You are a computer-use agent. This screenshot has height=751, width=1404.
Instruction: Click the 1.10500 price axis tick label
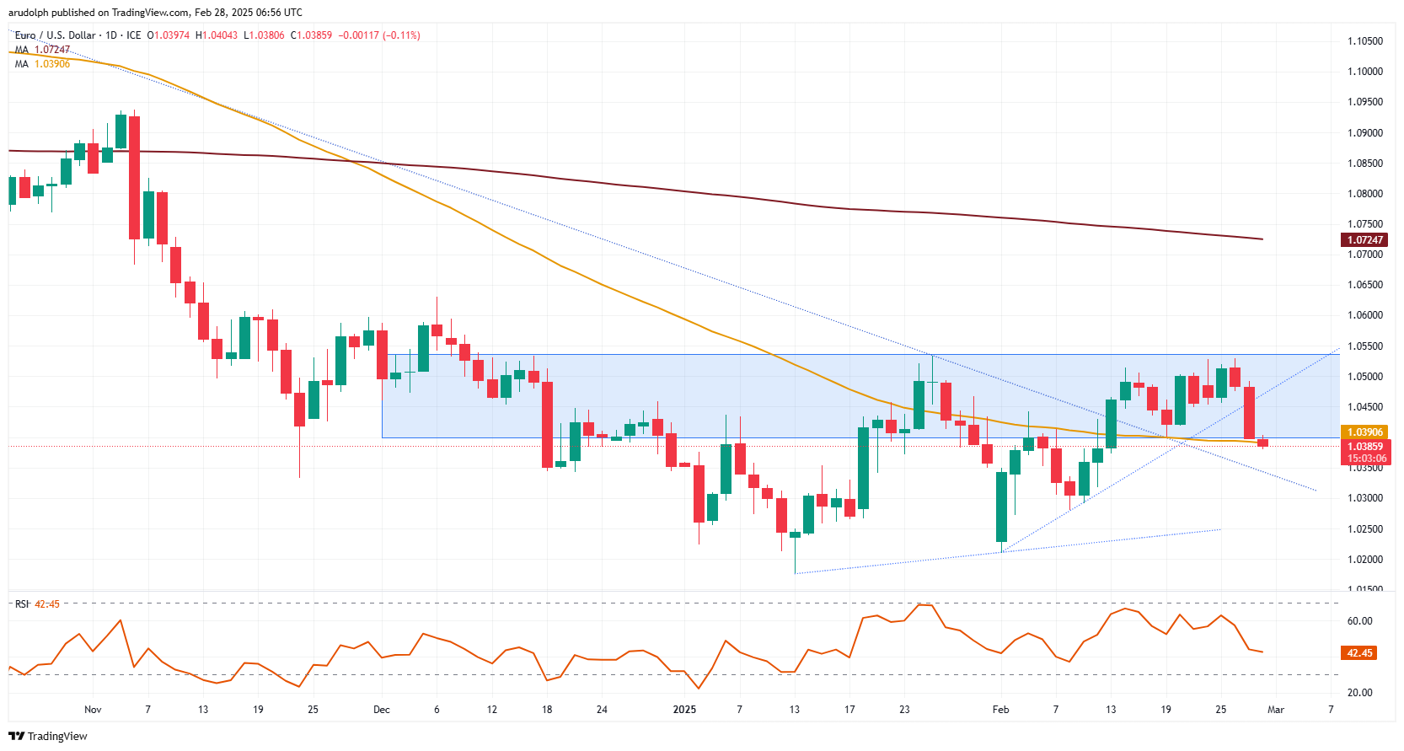(x=1364, y=40)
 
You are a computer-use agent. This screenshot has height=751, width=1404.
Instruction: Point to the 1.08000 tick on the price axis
(x=1364, y=193)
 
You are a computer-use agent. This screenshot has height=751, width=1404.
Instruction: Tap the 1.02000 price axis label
(x=1364, y=559)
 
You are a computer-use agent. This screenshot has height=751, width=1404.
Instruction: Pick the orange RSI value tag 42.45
(x=1359, y=653)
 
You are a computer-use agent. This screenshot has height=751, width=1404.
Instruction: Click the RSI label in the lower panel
(x=22, y=604)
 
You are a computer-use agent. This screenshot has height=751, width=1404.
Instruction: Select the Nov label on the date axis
(x=93, y=710)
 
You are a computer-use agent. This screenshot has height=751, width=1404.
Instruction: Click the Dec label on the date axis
(x=382, y=710)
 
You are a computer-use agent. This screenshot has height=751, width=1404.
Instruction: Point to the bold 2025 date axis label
(x=684, y=710)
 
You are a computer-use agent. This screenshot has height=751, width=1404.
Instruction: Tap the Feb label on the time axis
(x=1000, y=710)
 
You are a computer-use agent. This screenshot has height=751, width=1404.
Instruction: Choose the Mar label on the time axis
(x=1276, y=710)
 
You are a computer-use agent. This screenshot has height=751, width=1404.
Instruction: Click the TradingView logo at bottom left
(x=48, y=736)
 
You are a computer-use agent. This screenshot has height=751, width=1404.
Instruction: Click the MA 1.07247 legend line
(x=42, y=50)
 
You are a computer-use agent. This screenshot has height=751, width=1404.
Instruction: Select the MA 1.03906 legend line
(x=42, y=64)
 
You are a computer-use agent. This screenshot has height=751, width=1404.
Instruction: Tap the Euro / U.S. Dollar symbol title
(x=56, y=35)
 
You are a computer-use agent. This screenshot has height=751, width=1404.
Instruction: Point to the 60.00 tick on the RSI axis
(x=1359, y=621)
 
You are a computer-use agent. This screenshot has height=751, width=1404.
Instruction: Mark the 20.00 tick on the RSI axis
(x=1359, y=693)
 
